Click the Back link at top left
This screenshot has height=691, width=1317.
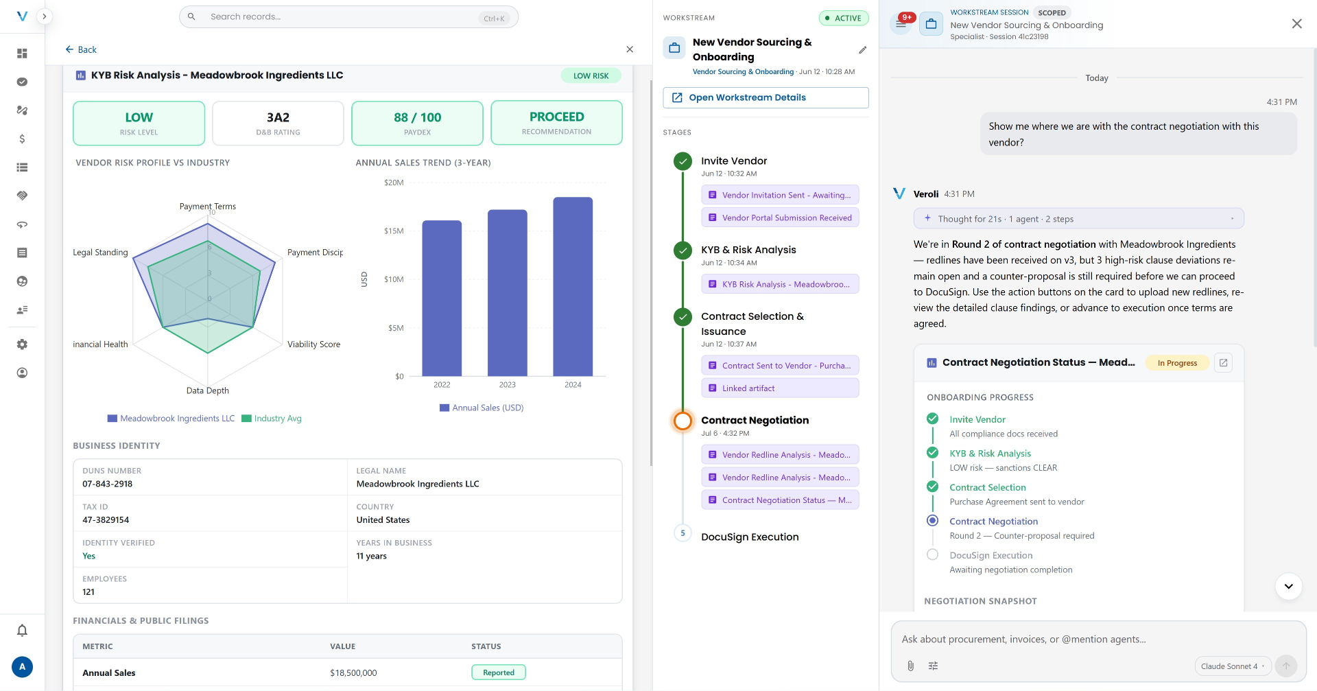coord(81,49)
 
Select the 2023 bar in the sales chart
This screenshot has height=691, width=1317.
coord(508,293)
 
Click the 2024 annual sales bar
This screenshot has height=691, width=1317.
coord(573,287)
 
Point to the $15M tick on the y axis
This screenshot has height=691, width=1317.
coord(394,231)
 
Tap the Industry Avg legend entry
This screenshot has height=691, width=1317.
coord(272,419)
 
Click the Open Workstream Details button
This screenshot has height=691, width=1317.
coord(766,97)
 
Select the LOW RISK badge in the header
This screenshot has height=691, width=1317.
coord(591,75)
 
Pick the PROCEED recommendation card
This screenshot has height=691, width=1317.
coord(556,123)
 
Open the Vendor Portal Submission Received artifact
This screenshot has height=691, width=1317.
coord(780,218)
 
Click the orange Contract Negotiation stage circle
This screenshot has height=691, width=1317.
coord(683,421)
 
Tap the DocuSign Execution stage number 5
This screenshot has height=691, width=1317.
coord(683,533)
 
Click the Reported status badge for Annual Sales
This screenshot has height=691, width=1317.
coord(499,672)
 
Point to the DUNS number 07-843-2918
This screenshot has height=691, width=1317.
coord(108,484)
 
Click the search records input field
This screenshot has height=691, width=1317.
coord(348,17)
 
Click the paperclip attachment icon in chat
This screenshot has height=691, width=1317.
coord(910,666)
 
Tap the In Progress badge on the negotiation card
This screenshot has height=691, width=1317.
coord(1177,363)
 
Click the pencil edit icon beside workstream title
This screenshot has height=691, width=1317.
coord(862,50)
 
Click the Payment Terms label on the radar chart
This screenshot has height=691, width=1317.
coord(208,207)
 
